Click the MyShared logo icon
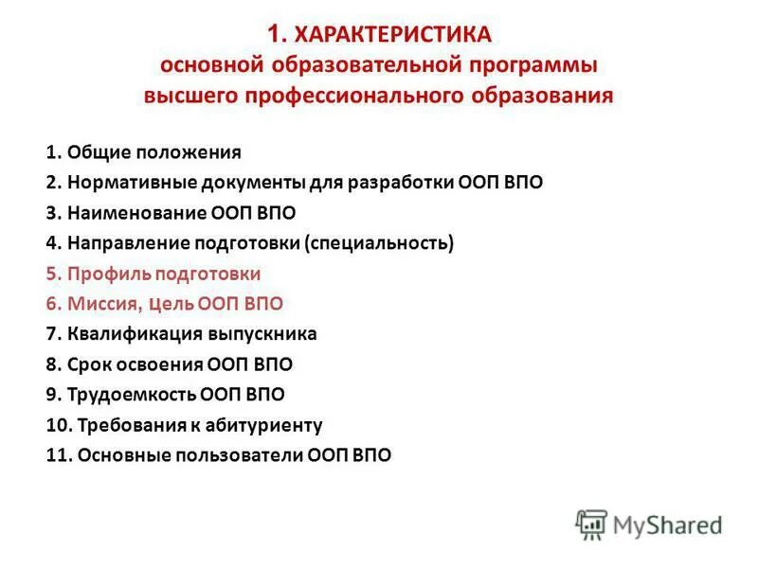(591, 524)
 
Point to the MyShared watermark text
(668, 524)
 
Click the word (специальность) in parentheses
(379, 242)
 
